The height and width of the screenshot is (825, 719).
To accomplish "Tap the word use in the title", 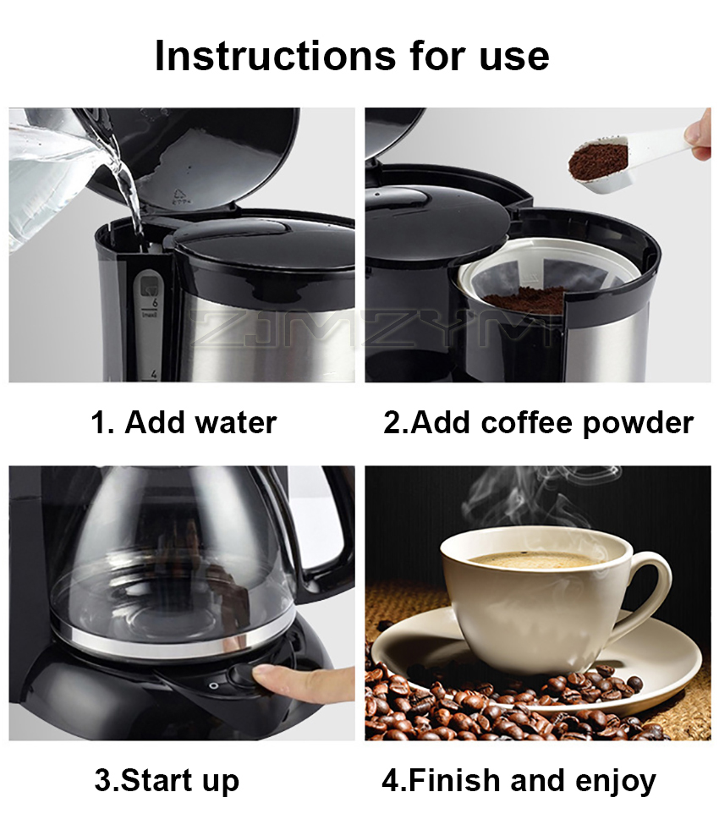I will tap(512, 55).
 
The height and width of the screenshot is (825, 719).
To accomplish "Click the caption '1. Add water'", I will tap(184, 421).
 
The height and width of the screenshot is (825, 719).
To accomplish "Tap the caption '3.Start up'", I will tap(167, 779).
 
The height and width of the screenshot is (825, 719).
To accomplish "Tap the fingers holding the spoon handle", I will tap(700, 135).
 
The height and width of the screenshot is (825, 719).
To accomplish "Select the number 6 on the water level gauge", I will tap(155, 300).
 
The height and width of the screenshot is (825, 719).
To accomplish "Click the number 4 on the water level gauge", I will tap(154, 372).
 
